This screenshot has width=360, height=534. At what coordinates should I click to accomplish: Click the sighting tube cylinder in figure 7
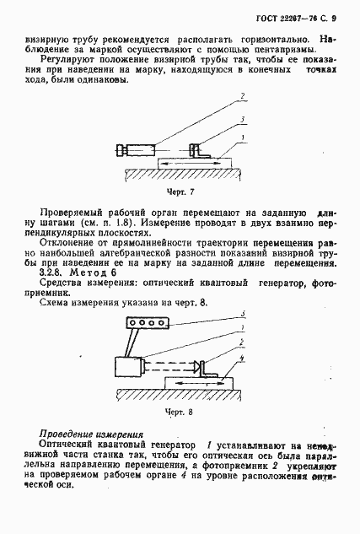coord(135,151)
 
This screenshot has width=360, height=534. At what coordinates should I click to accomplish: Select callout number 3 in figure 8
coord(244,314)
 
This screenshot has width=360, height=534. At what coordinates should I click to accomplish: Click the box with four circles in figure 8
coord(148,322)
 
